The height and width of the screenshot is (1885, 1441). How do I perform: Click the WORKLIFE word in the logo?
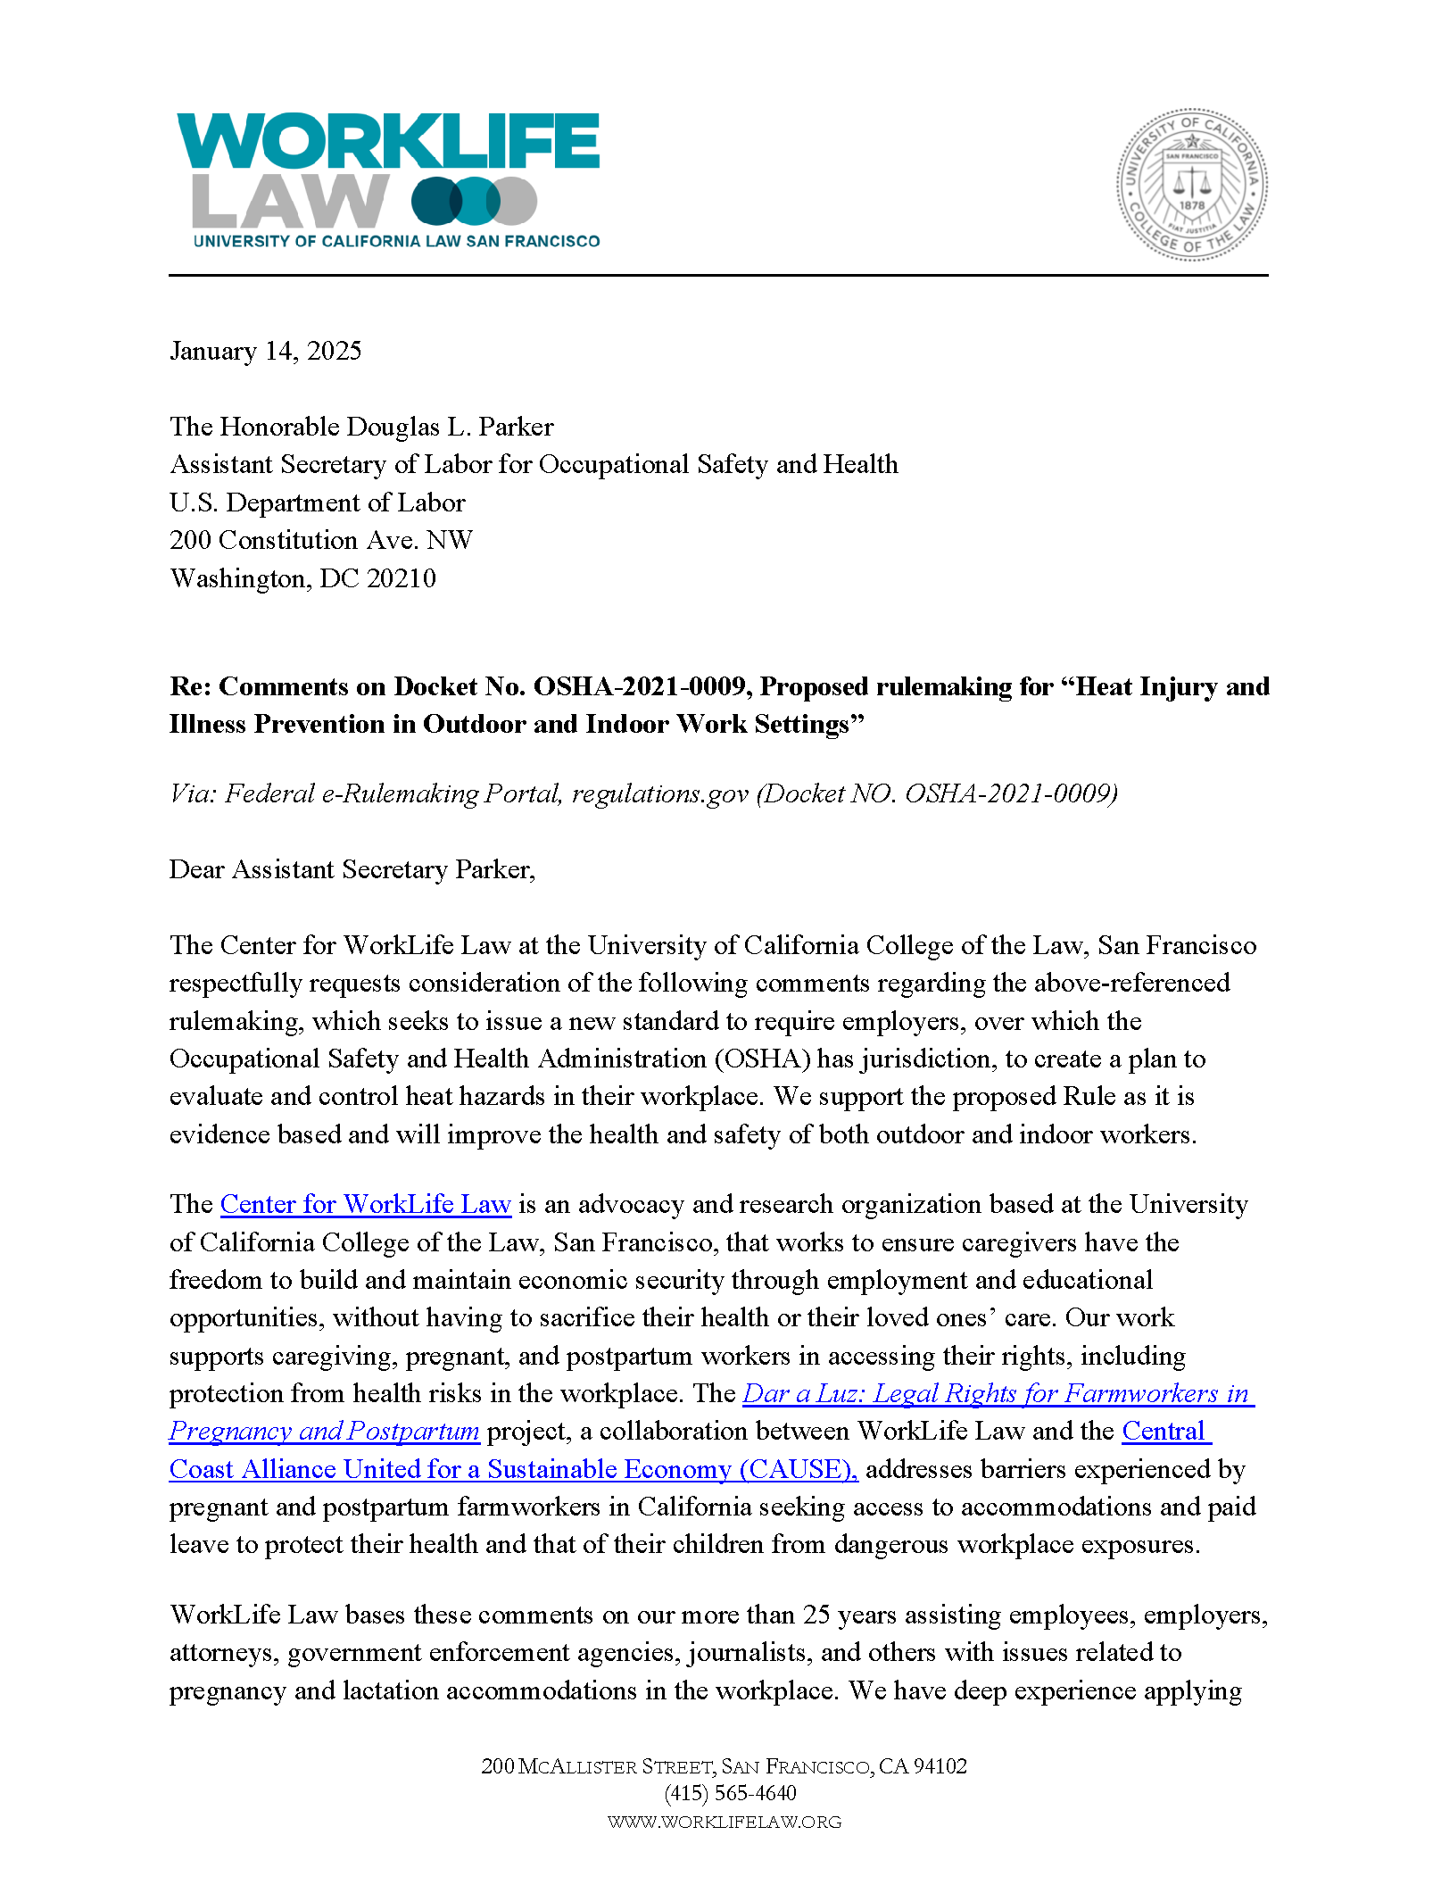[388, 141]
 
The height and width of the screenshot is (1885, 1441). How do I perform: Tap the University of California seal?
[1191, 185]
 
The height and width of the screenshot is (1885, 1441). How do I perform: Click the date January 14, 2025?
[265, 351]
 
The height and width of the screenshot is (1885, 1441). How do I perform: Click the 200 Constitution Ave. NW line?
[320, 540]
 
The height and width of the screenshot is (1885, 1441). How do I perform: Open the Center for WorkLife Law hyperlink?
[365, 1204]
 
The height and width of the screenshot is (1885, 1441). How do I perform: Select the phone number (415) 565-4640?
[729, 1793]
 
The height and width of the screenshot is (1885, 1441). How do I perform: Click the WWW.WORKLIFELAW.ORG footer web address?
[724, 1822]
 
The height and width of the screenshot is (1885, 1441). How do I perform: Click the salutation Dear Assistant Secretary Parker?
[352, 869]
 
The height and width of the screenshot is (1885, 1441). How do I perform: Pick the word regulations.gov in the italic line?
[659, 793]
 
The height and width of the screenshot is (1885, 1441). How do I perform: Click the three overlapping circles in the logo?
[474, 201]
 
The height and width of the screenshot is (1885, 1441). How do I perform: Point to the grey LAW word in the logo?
[290, 201]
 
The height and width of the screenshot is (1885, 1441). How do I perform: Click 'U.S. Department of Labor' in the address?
[317, 502]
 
